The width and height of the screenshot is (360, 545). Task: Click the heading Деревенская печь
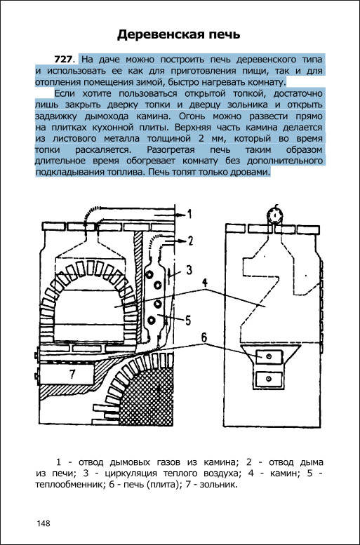click(x=178, y=35)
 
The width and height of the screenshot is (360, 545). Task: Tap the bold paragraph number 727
click(x=63, y=60)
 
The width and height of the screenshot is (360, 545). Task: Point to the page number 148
click(x=43, y=523)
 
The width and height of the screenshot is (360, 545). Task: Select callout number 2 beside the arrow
click(x=190, y=241)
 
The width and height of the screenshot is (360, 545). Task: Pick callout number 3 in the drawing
click(x=189, y=270)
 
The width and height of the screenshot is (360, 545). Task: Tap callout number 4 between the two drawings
click(x=205, y=283)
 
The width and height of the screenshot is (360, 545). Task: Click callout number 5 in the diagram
click(x=188, y=320)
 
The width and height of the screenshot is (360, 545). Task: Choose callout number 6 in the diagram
click(x=204, y=337)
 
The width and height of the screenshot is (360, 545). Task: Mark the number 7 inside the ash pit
click(x=72, y=374)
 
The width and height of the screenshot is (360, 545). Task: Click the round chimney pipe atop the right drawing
click(x=276, y=215)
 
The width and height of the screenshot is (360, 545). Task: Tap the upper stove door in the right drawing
click(x=269, y=357)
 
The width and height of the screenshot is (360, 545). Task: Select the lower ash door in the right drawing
click(x=269, y=379)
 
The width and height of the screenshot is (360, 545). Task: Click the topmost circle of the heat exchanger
click(x=149, y=274)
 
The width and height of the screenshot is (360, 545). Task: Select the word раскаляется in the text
click(x=102, y=150)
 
